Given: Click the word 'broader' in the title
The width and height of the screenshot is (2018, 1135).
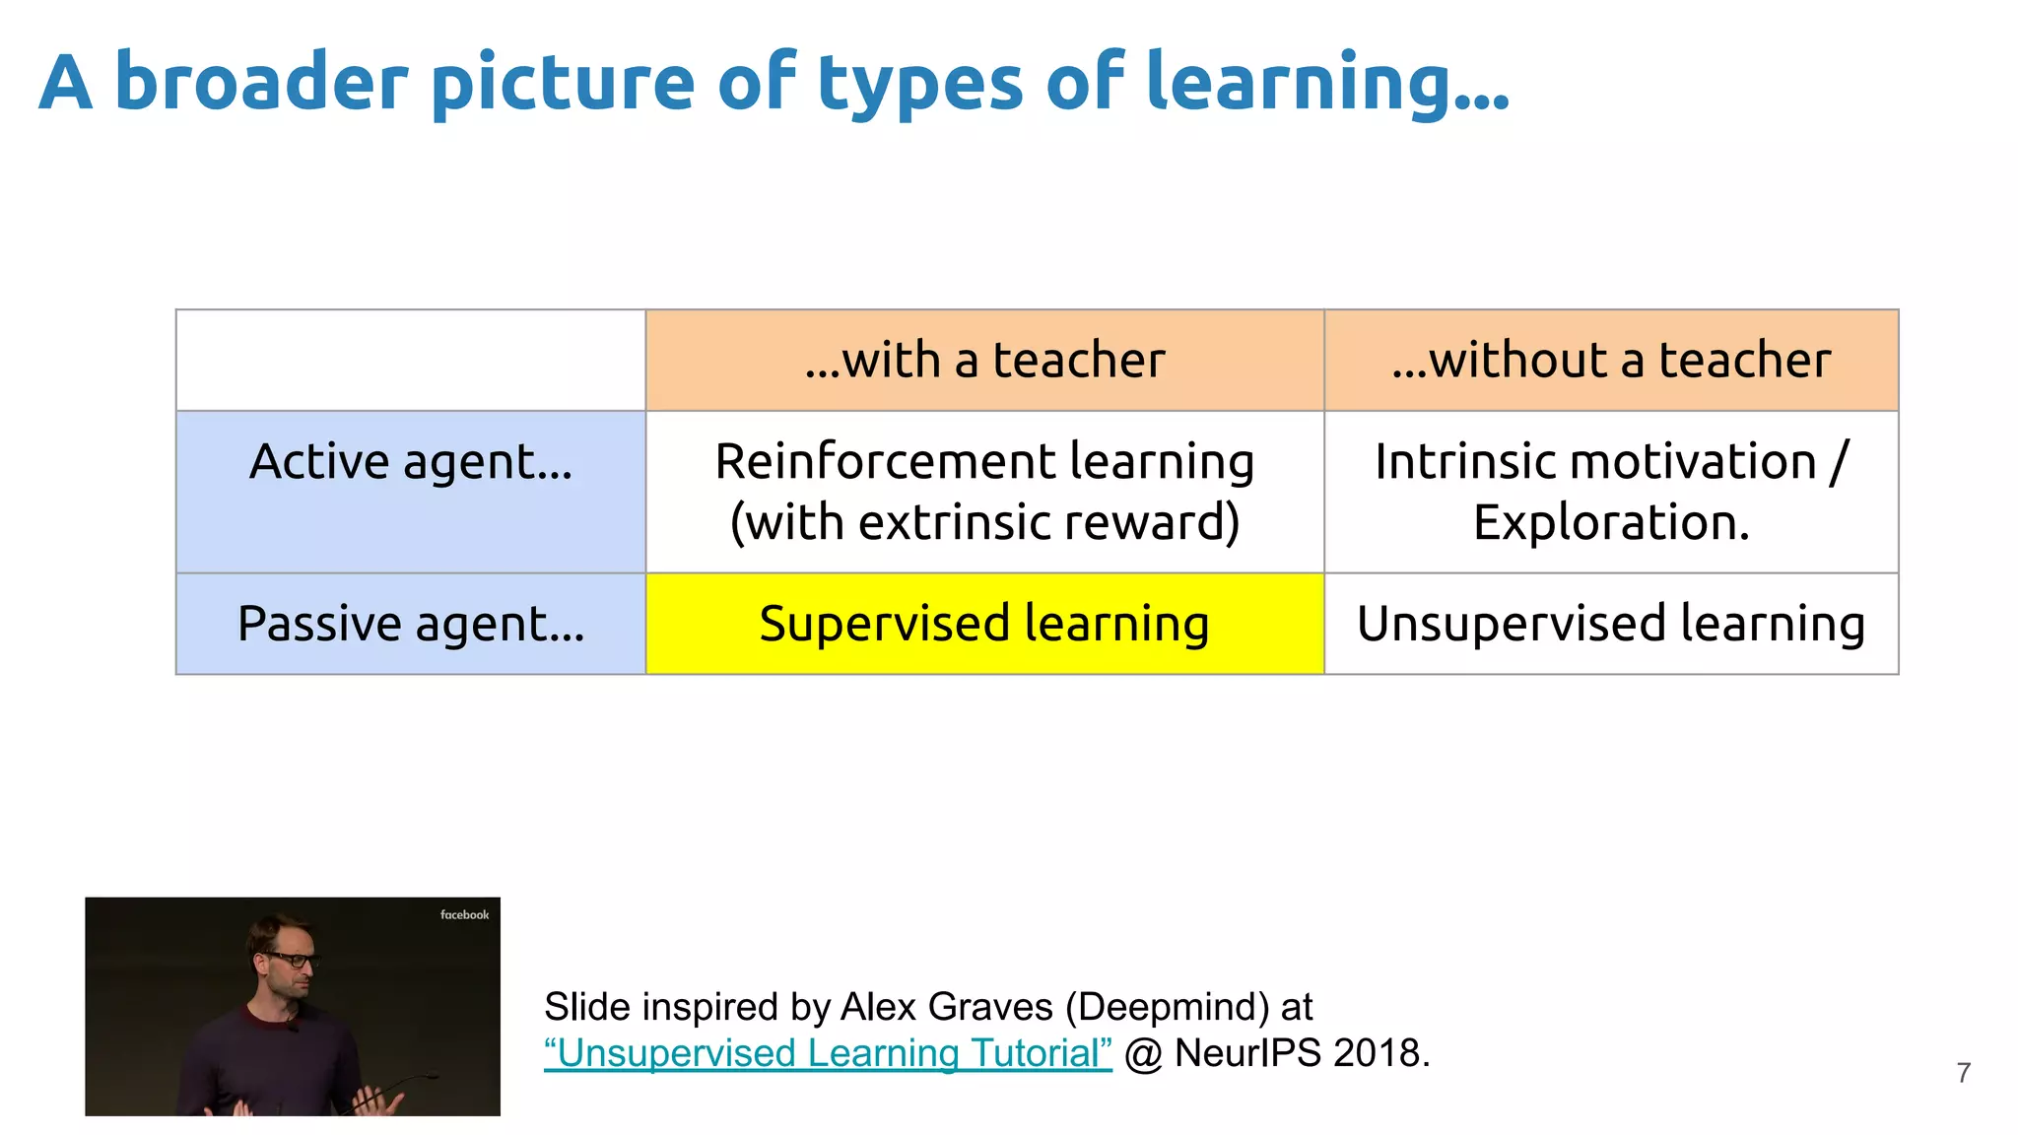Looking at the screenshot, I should click(261, 82).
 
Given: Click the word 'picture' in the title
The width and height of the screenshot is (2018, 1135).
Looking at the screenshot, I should click(563, 84).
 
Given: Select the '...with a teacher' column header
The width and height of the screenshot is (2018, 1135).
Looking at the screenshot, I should click(984, 361).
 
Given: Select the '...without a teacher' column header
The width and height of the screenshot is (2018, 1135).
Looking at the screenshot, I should click(1611, 361).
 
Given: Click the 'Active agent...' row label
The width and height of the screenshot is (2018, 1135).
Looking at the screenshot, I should click(411, 462).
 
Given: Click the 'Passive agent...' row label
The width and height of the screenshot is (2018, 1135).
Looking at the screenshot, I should click(411, 625).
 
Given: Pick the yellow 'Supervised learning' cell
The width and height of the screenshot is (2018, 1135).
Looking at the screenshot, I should click(984, 625).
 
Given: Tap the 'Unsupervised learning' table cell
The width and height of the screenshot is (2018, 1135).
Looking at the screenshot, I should click(1611, 625).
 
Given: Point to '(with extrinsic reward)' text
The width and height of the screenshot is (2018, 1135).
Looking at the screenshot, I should click(984, 522).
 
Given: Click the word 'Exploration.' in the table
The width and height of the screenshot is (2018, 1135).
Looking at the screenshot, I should click(1611, 522).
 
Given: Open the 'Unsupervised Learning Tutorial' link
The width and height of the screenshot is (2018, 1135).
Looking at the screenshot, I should click(828, 1053).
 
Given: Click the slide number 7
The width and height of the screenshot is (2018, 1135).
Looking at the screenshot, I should click(1963, 1073).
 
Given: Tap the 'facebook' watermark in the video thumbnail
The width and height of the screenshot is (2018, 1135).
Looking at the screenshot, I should click(464, 915).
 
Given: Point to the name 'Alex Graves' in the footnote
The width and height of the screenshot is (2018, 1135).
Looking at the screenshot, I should click(946, 1007).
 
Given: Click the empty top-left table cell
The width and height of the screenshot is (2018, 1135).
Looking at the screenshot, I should click(411, 361).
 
